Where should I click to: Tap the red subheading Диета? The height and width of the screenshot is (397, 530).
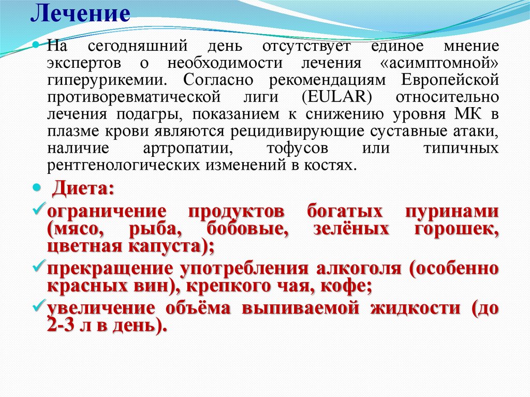click(82, 189)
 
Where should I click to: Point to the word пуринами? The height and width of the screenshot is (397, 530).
click(459, 212)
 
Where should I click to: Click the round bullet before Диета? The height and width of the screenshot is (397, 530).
click(37, 187)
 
